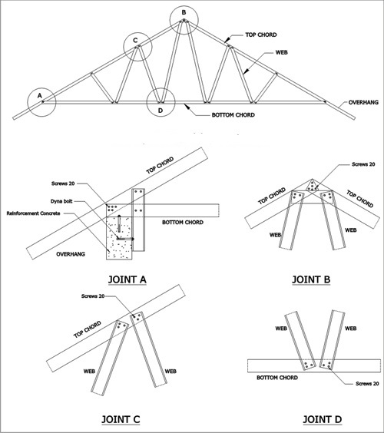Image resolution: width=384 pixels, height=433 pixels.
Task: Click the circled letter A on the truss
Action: [40, 95]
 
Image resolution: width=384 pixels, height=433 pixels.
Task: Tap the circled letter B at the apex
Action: [184, 12]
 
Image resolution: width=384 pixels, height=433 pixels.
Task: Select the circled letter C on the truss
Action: [135, 41]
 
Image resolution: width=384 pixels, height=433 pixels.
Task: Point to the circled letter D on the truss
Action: [161, 111]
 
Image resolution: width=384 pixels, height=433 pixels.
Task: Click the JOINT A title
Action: [127, 279]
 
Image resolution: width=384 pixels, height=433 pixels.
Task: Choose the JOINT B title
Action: [311, 279]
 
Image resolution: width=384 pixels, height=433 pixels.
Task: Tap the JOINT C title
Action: [121, 419]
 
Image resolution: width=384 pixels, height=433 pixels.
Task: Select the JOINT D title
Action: [323, 419]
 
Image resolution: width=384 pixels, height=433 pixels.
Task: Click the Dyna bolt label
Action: [61, 201]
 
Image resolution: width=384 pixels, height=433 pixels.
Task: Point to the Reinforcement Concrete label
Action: [34, 213]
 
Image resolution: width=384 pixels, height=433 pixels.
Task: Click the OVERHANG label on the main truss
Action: [363, 102]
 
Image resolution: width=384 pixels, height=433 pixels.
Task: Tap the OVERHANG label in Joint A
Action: [71, 254]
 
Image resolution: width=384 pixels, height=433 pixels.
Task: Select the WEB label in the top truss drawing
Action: [282, 52]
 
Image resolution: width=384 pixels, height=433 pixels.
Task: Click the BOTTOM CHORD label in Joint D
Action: [277, 378]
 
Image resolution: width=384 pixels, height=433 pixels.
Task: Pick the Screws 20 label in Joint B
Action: [363, 164]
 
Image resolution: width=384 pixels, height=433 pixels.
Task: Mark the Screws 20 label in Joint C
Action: [93, 296]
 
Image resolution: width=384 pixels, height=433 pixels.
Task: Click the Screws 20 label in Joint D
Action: [367, 384]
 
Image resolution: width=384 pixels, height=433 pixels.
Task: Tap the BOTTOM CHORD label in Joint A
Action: [183, 223]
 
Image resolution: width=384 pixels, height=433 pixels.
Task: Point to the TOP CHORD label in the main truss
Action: [261, 35]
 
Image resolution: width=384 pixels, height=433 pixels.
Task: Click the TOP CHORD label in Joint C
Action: [88, 329]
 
